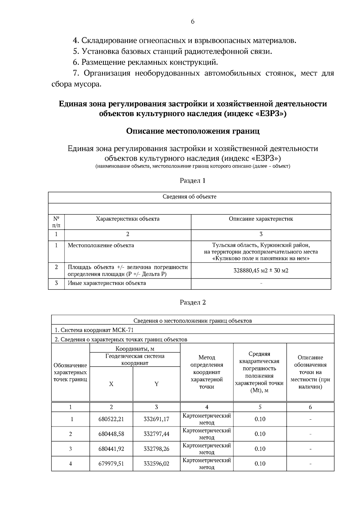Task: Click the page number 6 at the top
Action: [192, 22]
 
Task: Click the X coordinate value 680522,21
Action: [111, 419]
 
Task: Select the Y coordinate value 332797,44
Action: [156, 434]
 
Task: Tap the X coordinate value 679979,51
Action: [111, 463]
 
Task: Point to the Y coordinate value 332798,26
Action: [156, 449]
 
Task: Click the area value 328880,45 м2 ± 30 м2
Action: [261, 271]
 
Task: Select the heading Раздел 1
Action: [192, 181]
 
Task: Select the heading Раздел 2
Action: [193, 302]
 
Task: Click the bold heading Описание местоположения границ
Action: [193, 131]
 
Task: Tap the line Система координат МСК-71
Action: [94, 330]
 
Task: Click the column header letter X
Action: [111, 384]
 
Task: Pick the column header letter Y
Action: [156, 384]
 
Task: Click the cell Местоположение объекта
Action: [101, 245]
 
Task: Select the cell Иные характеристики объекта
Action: [106, 283]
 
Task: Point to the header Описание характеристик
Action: [261, 219]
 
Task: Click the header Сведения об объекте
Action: [189, 197]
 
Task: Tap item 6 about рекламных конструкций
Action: [145, 62]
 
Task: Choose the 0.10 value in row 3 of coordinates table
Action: [260, 449]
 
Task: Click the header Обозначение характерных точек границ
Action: [70, 372]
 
